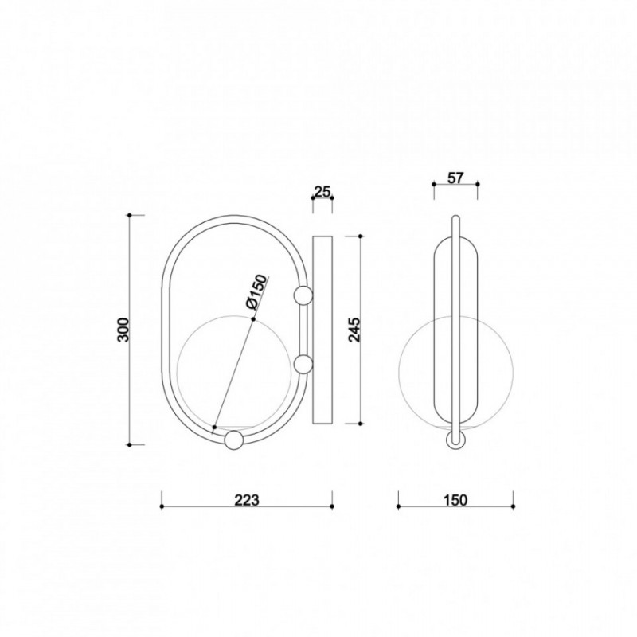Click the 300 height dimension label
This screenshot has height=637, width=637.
(x=123, y=330)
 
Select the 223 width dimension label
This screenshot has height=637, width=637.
(x=247, y=500)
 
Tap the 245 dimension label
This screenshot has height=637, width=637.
(x=354, y=330)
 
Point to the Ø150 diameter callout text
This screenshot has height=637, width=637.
(x=256, y=291)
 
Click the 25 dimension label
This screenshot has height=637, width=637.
(x=322, y=192)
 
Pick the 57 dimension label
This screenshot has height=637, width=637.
(x=455, y=178)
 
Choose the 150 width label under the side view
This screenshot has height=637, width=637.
(x=455, y=500)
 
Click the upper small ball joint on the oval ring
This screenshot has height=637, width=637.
(x=303, y=295)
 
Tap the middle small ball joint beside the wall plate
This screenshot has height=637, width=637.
(x=303, y=364)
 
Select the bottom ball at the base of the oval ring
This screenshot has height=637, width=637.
(x=233, y=440)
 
